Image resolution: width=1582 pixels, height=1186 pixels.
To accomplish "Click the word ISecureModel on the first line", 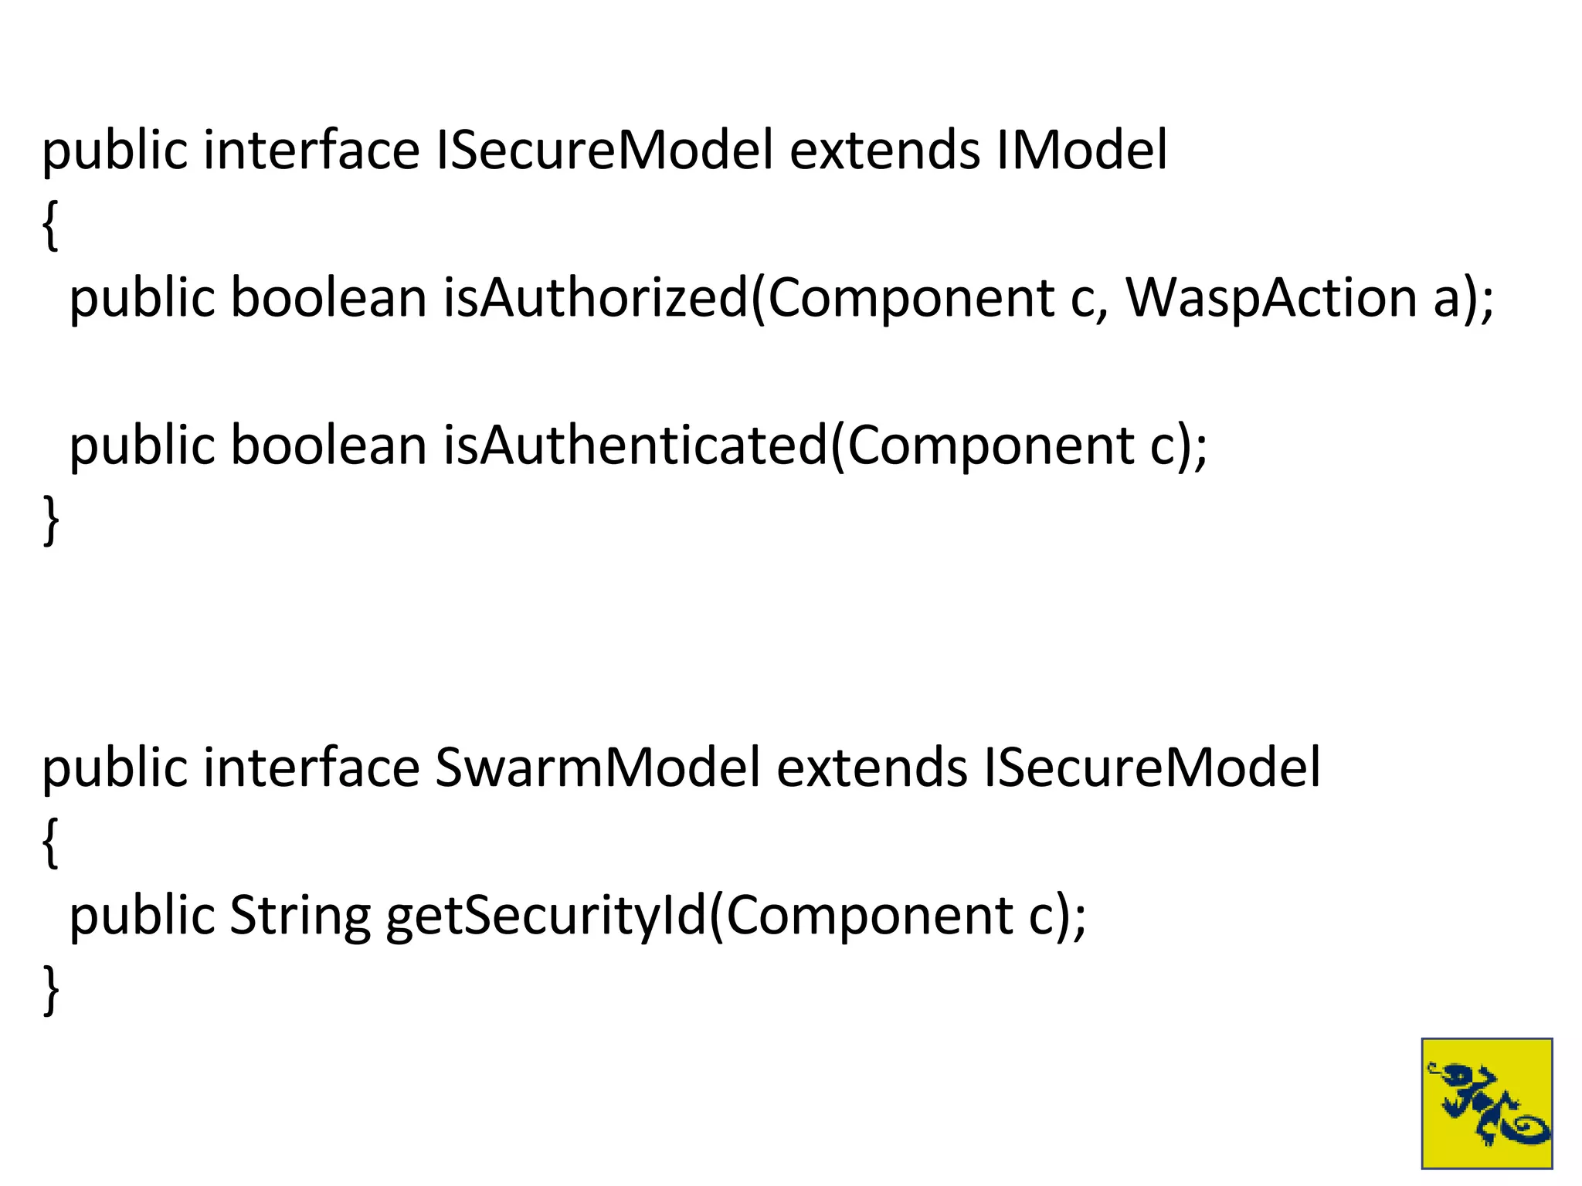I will click(604, 150).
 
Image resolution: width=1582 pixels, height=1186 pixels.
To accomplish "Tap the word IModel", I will click(1081, 150).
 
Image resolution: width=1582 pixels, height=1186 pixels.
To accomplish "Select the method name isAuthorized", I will click(596, 298).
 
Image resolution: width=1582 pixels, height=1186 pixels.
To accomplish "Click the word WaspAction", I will click(1271, 298).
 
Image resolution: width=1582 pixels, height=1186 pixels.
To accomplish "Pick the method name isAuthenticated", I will click(635, 446).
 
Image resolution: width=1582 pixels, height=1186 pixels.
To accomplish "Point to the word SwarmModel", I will click(597, 768).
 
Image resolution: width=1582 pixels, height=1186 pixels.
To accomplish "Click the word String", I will click(300, 916).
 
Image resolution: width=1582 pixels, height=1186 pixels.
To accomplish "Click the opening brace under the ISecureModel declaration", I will click(50, 225).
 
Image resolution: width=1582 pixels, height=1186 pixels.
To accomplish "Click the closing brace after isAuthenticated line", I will click(50, 520).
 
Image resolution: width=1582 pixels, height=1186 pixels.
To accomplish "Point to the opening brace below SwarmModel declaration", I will click(50, 843).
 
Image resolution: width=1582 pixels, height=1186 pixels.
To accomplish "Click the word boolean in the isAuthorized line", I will click(328, 298).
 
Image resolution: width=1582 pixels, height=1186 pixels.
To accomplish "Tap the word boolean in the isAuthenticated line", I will click(328, 446).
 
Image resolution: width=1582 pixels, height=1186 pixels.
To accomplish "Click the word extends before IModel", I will click(884, 150).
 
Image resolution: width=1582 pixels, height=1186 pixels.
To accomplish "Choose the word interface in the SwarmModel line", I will click(311, 768).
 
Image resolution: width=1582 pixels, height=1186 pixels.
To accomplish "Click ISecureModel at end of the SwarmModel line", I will click(1152, 768).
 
